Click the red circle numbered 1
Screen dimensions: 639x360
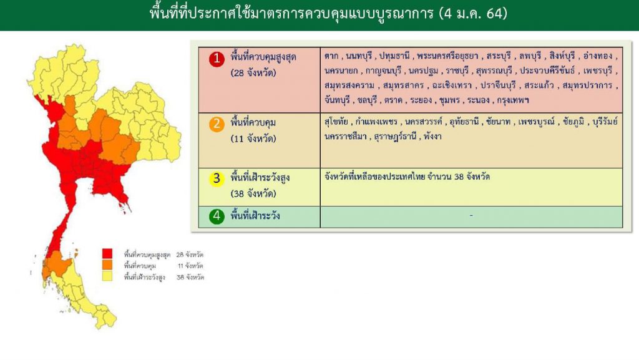(x=217, y=59)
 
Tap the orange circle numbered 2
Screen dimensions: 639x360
(x=217, y=124)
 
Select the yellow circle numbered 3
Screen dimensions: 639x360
(x=217, y=178)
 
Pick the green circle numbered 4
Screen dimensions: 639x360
(x=217, y=216)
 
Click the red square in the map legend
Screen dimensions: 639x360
(x=107, y=254)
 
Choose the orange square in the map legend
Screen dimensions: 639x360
(x=107, y=265)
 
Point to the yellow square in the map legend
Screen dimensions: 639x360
(x=107, y=276)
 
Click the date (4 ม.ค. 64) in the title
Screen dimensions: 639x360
(x=473, y=14)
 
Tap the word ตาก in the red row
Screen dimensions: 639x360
(x=331, y=56)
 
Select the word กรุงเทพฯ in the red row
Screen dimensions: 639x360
(x=513, y=100)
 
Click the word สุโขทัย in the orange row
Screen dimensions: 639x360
(x=336, y=122)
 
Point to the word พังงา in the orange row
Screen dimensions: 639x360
(x=432, y=137)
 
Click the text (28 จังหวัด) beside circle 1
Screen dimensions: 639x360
(x=253, y=73)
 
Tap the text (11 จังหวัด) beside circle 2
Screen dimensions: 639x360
(x=253, y=139)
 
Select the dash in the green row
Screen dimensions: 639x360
(x=471, y=215)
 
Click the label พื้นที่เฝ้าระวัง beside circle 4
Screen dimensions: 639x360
(x=255, y=215)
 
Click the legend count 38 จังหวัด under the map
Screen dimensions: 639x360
(x=190, y=277)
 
